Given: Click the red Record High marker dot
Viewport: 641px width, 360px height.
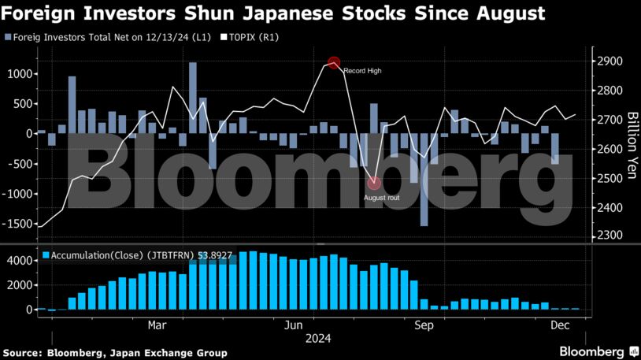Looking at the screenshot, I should [x=334, y=63].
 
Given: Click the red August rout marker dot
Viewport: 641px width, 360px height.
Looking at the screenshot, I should [x=374, y=184].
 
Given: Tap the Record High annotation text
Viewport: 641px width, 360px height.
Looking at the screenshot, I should [x=362, y=72].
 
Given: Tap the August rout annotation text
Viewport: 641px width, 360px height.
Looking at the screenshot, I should [x=382, y=197].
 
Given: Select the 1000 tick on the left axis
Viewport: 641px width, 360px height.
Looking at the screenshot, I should [x=20, y=74].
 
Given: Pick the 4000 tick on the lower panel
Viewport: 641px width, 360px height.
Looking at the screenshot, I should [x=20, y=261].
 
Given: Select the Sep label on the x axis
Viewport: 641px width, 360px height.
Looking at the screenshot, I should [x=424, y=325].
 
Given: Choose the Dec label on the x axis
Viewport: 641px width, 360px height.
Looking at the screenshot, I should [x=561, y=325].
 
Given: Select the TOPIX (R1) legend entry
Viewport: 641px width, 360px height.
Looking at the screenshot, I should [x=253, y=37].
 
